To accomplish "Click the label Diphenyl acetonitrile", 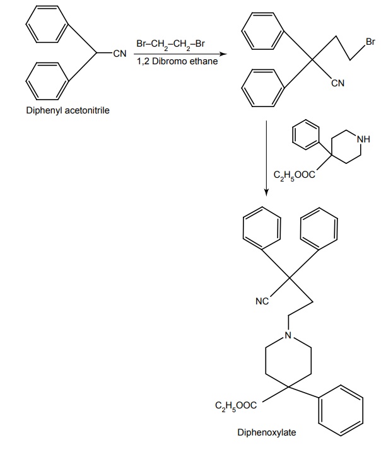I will (67, 111).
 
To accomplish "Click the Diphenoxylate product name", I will (266, 433).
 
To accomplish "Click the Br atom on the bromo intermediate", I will (370, 42).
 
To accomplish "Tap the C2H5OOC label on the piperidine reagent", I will (293, 176).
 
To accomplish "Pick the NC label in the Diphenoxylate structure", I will (262, 301).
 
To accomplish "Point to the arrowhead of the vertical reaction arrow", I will (266, 190).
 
